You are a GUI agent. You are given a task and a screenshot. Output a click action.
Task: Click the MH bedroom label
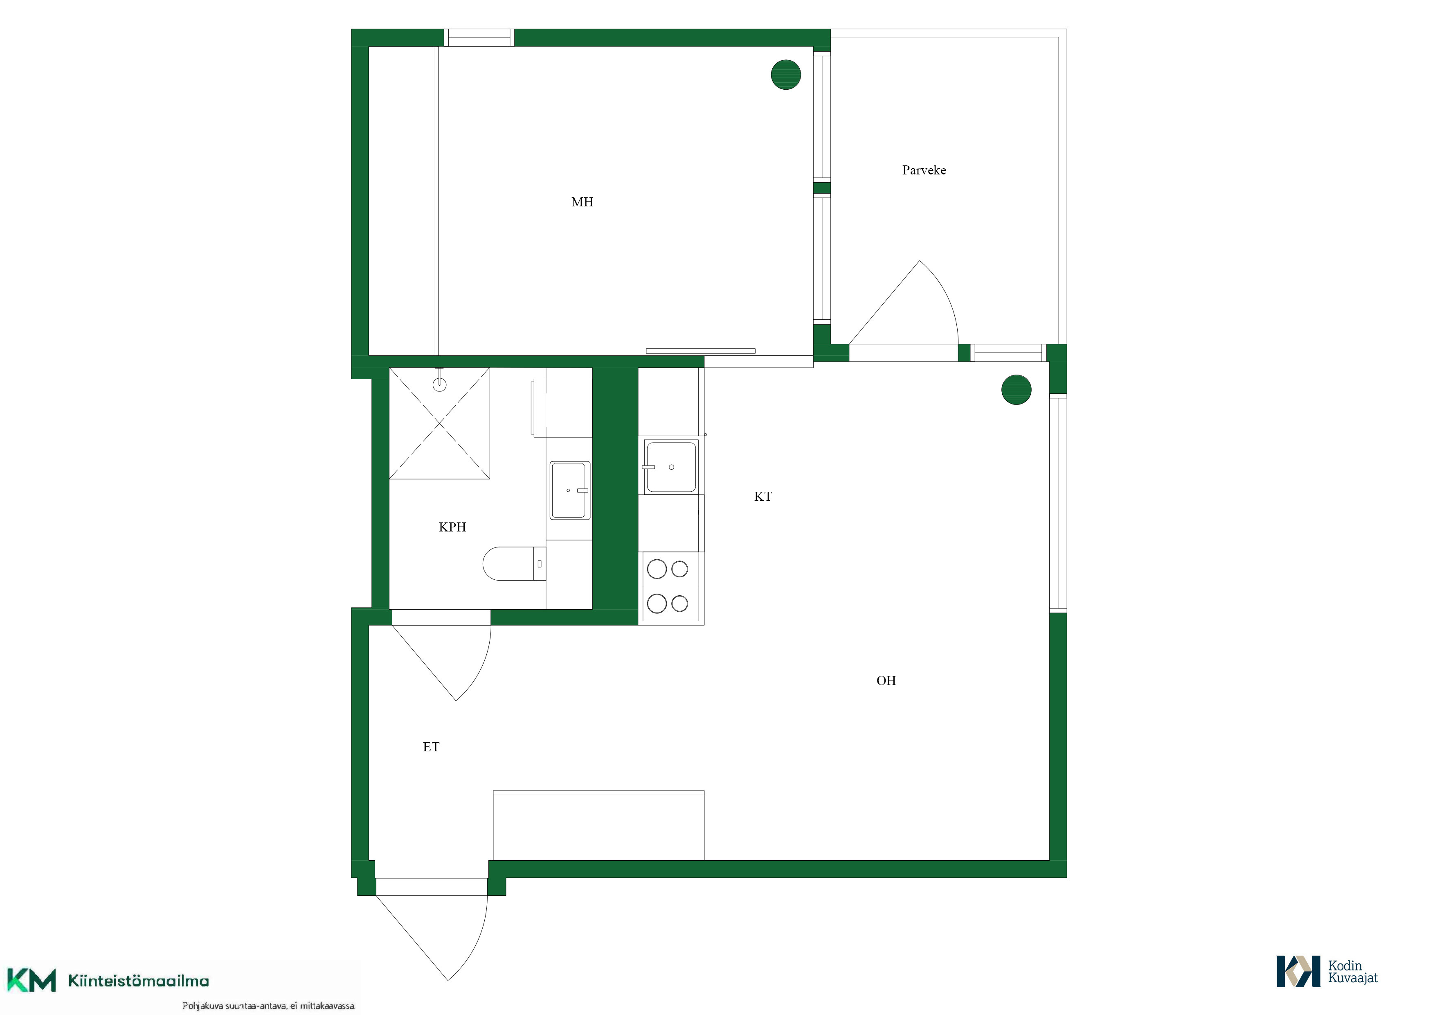tap(582, 202)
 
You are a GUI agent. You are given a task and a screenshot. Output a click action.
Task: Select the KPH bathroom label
tap(452, 527)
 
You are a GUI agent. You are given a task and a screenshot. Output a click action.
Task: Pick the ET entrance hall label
tap(431, 747)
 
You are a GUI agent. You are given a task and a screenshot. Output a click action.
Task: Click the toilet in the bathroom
tap(514, 563)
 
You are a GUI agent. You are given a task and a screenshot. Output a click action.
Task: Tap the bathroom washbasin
tap(569, 490)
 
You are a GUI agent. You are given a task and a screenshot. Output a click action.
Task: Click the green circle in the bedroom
tap(786, 75)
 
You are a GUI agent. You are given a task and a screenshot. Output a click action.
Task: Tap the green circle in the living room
tap(1016, 390)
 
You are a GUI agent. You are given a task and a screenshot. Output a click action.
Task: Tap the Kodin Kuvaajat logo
tap(1327, 971)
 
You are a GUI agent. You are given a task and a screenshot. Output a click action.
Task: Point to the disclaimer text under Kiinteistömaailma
tap(269, 1006)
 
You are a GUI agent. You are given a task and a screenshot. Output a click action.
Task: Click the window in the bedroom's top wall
tap(479, 38)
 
